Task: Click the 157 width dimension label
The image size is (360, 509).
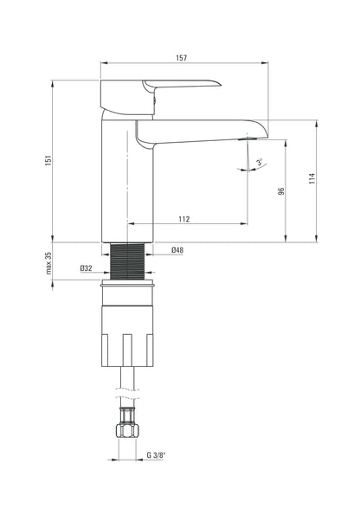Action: pyautogui.click(x=182, y=58)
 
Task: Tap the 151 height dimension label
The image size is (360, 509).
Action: pyautogui.click(x=48, y=160)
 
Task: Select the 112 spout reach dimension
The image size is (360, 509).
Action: pyautogui.click(x=183, y=219)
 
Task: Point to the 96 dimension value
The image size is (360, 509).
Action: pyautogui.click(x=281, y=190)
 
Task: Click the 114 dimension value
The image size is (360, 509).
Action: pyautogui.click(x=312, y=178)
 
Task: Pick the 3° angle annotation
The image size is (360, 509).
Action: pyautogui.click(x=260, y=162)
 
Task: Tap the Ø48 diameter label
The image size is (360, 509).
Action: pyautogui.click(x=177, y=250)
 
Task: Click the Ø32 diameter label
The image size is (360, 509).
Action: pyautogui.click(x=87, y=268)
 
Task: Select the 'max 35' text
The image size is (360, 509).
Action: pyautogui.click(x=48, y=263)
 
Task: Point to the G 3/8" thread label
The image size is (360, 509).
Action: pyautogui.click(x=156, y=455)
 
